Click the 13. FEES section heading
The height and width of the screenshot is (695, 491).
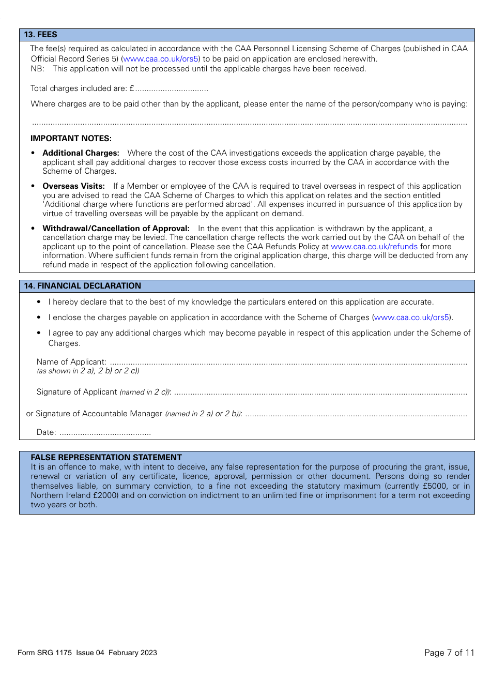(40, 35)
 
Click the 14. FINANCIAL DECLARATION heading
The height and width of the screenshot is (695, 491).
(82, 286)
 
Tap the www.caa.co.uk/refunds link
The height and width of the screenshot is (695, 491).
(374, 247)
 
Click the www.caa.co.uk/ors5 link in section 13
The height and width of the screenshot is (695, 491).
(160, 59)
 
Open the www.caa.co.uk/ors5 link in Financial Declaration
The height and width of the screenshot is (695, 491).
(411, 318)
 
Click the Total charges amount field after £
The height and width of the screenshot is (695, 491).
(172, 89)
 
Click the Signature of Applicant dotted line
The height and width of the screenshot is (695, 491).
(320, 392)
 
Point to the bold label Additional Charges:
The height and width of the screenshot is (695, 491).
(81, 153)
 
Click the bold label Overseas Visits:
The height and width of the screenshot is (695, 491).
(73, 186)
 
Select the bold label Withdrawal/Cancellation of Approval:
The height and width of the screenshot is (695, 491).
(116, 229)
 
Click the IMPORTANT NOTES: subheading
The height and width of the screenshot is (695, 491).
(71, 139)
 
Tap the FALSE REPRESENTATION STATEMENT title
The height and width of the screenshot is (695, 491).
(106, 458)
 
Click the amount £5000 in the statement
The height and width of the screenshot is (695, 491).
(435, 486)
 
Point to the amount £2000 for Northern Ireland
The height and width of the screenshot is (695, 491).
(105, 495)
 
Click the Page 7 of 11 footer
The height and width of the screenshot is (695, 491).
(449, 653)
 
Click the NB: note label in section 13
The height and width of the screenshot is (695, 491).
(37, 69)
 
